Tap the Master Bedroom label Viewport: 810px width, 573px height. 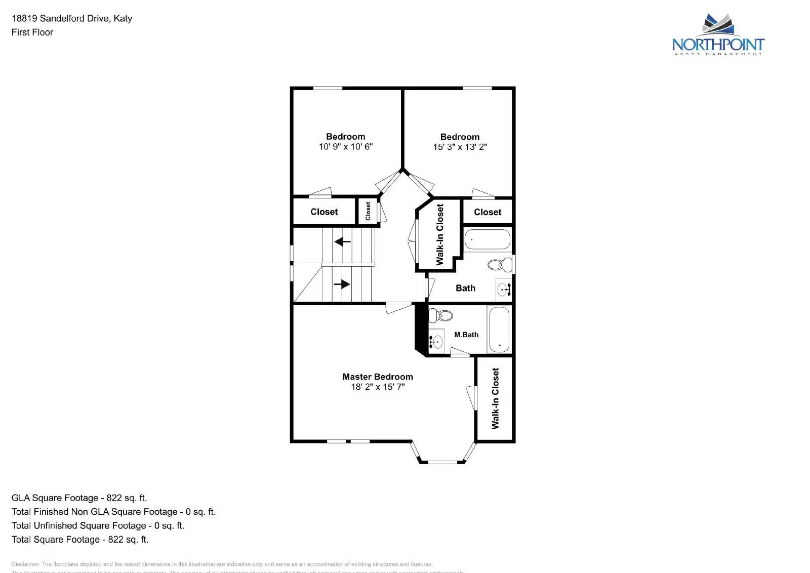[x=378, y=377]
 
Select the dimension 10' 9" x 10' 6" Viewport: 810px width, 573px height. [x=345, y=147]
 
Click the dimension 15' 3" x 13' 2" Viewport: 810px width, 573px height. [x=460, y=147]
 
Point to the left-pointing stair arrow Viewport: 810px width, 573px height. [x=343, y=242]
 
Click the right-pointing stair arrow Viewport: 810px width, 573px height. [x=342, y=284]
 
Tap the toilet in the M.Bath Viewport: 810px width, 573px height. [x=441, y=316]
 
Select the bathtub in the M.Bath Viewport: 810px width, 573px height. [x=499, y=330]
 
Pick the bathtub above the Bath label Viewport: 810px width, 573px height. [x=487, y=239]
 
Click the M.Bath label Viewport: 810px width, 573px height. [x=466, y=335]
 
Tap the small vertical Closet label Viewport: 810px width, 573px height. [x=368, y=211]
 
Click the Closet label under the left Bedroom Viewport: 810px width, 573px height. [x=324, y=212]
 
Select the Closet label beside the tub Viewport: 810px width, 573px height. [x=488, y=212]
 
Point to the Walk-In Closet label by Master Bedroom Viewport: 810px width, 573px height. [x=495, y=398]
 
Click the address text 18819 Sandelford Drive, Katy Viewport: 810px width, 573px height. [x=72, y=19]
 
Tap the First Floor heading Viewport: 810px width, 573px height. [x=32, y=32]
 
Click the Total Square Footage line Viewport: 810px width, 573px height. [x=80, y=540]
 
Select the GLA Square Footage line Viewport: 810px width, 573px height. [x=79, y=498]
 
